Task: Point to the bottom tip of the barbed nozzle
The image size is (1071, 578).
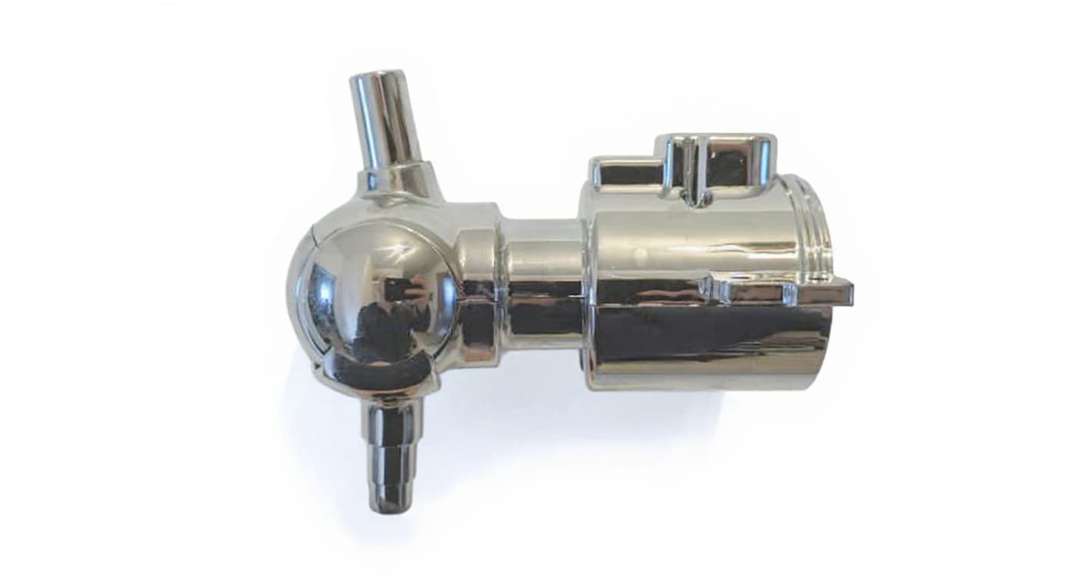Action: tap(389, 505)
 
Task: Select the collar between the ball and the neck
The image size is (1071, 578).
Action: tap(477, 284)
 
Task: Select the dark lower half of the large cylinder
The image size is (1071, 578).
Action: tap(708, 338)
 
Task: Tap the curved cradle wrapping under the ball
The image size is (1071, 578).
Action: tap(385, 380)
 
